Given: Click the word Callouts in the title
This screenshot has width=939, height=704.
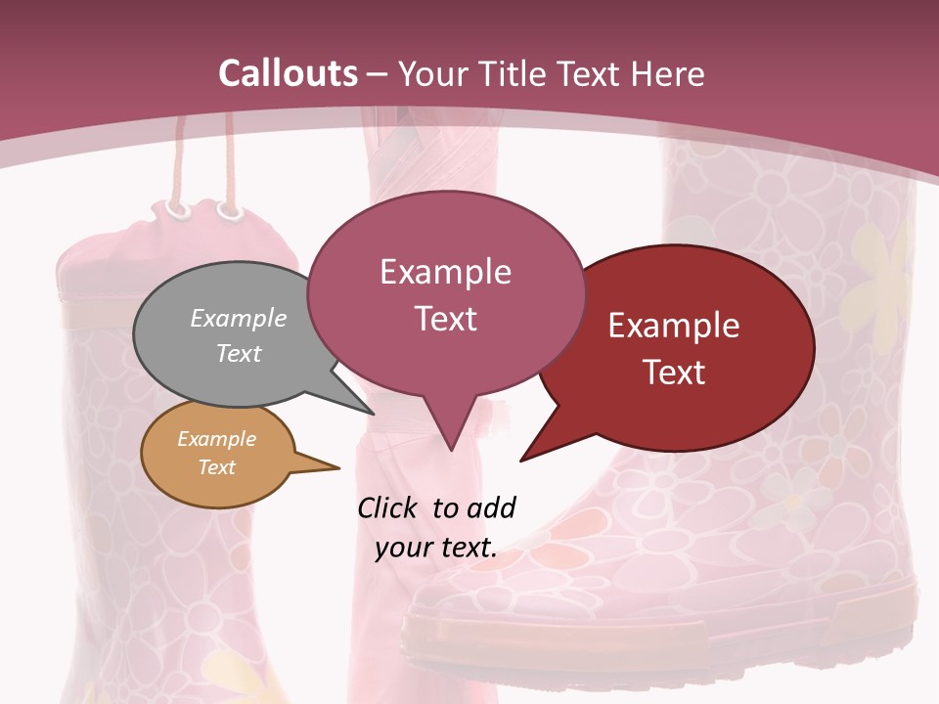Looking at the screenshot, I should pyautogui.click(x=288, y=73).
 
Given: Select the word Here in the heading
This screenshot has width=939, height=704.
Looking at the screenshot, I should pyautogui.click(x=665, y=73).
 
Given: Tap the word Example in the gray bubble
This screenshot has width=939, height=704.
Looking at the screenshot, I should pyautogui.click(x=239, y=318).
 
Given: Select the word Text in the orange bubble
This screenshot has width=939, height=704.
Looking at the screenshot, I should pyautogui.click(x=217, y=467).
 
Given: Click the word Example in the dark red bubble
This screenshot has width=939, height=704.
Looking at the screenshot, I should pyautogui.click(x=674, y=326).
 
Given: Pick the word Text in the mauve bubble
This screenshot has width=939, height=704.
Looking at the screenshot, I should pyautogui.click(x=445, y=319).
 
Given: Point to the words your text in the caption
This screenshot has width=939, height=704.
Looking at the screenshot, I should pyautogui.click(x=436, y=548).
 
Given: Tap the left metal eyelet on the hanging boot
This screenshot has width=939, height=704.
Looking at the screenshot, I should pyautogui.click(x=177, y=208).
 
